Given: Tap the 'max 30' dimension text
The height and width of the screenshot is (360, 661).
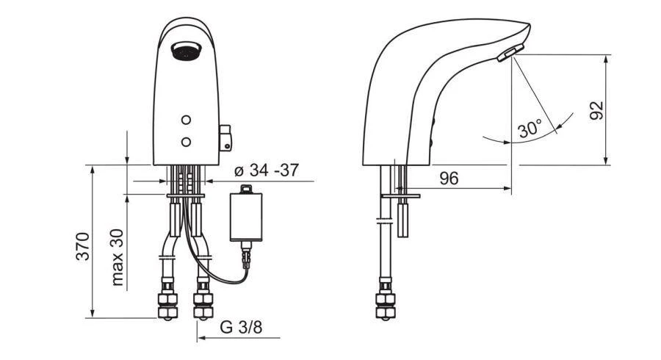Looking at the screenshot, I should pyautogui.click(x=118, y=258).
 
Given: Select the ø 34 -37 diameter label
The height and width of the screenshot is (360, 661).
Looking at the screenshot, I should pyautogui.click(x=266, y=170).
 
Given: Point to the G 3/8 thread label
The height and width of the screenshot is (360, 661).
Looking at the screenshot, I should pyautogui.click(x=239, y=328).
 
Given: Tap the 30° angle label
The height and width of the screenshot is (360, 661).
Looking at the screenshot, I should pyautogui.click(x=530, y=129).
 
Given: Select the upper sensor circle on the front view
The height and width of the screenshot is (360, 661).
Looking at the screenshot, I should pyautogui.click(x=187, y=120).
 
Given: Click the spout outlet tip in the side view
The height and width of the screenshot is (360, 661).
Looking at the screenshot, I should pyautogui.click(x=508, y=54).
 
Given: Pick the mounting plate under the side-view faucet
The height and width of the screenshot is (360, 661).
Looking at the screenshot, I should pyautogui.click(x=401, y=197).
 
